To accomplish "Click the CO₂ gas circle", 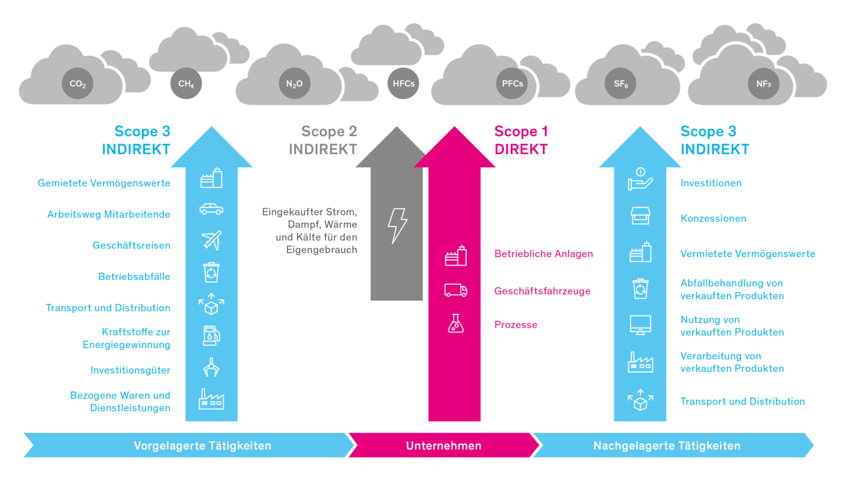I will tap(77, 84).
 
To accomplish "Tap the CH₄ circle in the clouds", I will tap(186, 84).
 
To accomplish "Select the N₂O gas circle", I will tap(294, 84).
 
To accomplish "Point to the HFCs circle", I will tap(403, 84).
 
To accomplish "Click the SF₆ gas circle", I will tap(620, 84).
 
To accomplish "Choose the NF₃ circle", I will tap(763, 84).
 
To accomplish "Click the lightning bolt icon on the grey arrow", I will tap(397, 226).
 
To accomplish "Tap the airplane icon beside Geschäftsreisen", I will tap(212, 240).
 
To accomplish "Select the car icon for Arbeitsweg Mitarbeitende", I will tap(212, 209).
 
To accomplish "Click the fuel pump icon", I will tap(211, 336).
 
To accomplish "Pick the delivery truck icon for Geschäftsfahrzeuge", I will tap(455, 290).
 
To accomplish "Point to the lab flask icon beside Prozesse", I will tap(456, 323).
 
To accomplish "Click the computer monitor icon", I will tap(640, 325).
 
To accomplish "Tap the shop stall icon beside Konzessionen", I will tap(640, 216).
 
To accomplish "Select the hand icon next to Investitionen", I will tap(640, 180).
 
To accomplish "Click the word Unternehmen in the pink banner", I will tap(443, 446).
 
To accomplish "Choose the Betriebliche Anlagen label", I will tap(543, 254).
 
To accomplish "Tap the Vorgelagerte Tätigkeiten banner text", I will tap(202, 446).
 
